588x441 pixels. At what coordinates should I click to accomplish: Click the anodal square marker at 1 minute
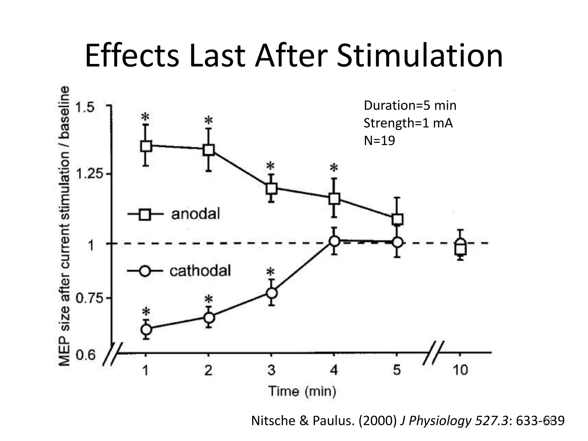coord(146,146)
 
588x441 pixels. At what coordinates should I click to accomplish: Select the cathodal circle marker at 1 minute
coord(146,329)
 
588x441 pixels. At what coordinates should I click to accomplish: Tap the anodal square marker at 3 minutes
coord(271,188)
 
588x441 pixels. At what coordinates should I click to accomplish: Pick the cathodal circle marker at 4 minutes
coord(334,241)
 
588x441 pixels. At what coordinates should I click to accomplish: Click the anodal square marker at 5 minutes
coord(397,219)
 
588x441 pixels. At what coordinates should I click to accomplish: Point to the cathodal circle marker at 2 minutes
coord(209,318)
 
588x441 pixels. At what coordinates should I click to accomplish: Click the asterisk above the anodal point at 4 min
coord(334,168)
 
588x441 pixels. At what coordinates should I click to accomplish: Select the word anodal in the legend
coord(196,214)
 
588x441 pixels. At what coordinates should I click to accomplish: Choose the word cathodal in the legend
coord(200,271)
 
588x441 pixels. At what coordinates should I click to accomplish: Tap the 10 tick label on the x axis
coord(460,370)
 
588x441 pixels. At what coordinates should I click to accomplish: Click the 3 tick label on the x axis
coord(271,370)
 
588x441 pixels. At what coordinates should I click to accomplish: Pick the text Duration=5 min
coord(410,106)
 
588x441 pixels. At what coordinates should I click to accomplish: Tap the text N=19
coord(379,141)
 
